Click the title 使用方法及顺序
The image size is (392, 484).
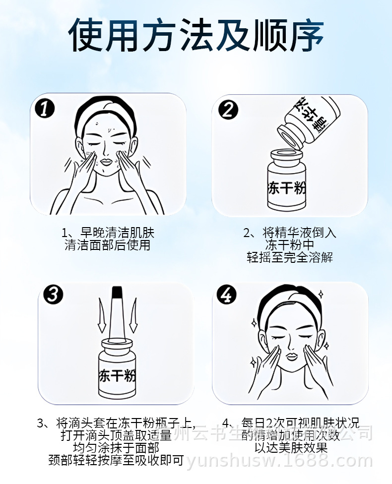[196, 36]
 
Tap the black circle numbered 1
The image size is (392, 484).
[46, 108]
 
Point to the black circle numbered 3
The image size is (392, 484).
[53, 295]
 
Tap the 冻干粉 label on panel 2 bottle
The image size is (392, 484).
[287, 188]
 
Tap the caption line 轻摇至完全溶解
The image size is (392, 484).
[290, 257]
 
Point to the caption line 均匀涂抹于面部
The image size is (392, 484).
[116, 447]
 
